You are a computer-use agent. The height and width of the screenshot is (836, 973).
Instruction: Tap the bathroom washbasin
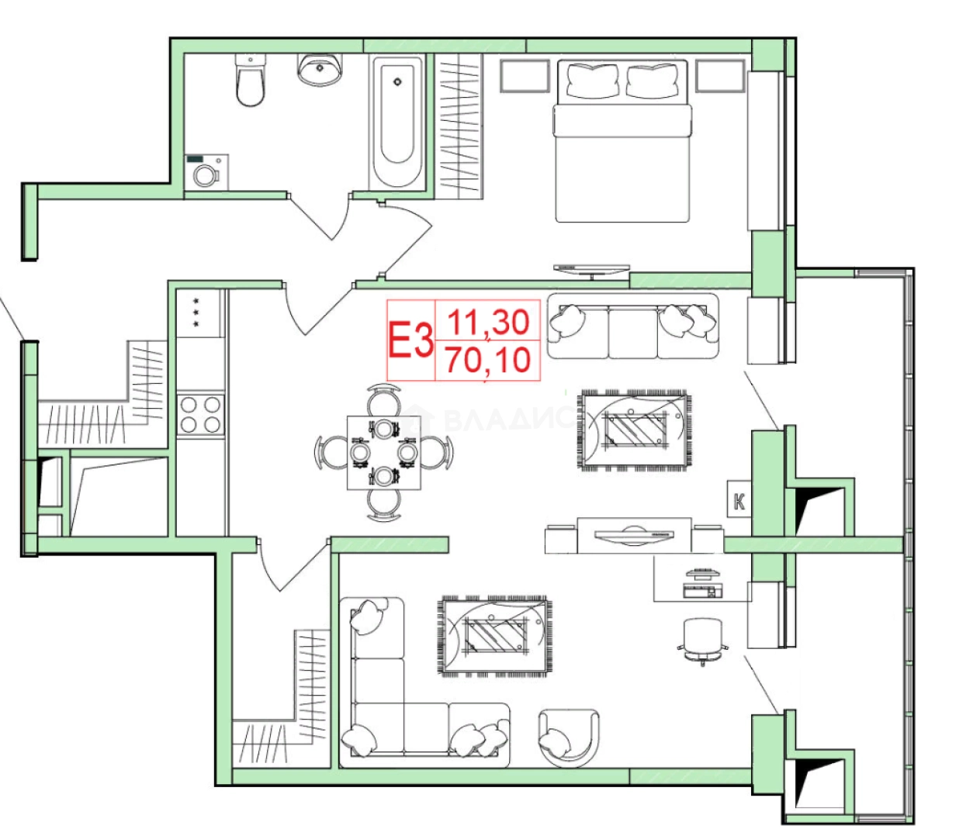(320, 69)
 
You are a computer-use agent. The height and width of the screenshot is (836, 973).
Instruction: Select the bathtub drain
(397, 82)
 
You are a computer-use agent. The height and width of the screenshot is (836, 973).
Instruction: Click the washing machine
(206, 172)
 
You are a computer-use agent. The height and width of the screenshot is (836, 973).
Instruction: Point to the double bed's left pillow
(593, 80)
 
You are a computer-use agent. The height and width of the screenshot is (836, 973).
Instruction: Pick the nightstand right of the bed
(720, 76)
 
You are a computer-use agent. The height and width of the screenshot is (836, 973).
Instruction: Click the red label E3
(410, 340)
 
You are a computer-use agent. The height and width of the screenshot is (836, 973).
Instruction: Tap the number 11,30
(488, 323)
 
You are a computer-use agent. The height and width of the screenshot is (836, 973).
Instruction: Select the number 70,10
(488, 360)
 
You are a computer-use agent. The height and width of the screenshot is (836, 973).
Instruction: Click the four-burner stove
(200, 414)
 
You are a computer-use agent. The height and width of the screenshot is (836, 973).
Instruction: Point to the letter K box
(739, 499)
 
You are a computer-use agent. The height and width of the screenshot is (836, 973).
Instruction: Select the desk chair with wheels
(703, 641)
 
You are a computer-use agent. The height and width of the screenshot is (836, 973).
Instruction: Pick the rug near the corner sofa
(493, 636)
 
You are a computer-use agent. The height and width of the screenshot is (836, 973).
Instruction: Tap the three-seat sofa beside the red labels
(633, 326)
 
